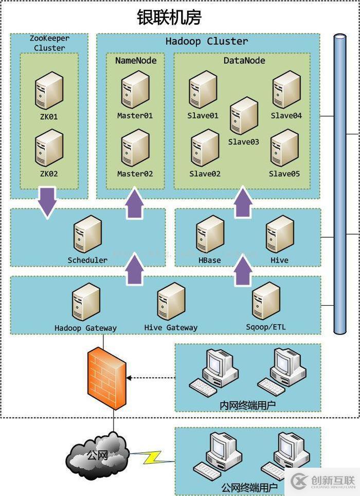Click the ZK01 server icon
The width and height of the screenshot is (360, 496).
(x=49, y=91)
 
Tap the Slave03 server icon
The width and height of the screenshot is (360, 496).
(x=243, y=116)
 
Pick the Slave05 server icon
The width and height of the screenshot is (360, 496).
(x=284, y=148)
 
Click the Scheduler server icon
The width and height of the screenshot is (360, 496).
(x=87, y=234)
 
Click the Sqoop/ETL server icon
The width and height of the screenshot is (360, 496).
(x=265, y=301)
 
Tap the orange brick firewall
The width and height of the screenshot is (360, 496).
(x=106, y=377)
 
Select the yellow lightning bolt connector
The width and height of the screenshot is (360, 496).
(x=149, y=457)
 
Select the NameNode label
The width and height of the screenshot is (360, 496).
(x=136, y=60)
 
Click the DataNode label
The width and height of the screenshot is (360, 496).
(x=244, y=60)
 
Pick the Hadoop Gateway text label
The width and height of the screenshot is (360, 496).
(x=86, y=328)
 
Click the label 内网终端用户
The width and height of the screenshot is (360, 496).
(x=247, y=405)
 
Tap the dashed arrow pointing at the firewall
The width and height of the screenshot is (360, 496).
(x=151, y=378)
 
